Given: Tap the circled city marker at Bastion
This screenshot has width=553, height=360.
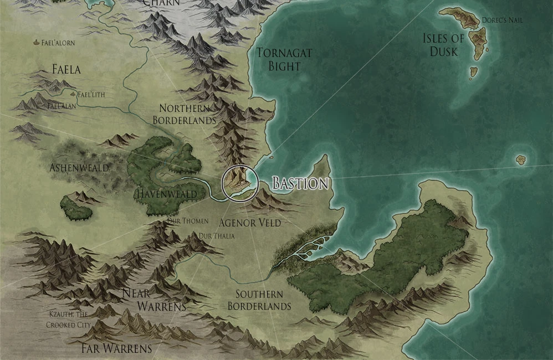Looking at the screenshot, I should pyautogui.click(x=239, y=183).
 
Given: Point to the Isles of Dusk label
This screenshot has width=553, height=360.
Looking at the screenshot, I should pyautogui.click(x=443, y=45).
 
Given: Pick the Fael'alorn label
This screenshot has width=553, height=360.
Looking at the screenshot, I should pyautogui.click(x=58, y=43).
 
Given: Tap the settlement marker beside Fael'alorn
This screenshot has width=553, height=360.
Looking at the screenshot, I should pyautogui.click(x=37, y=42).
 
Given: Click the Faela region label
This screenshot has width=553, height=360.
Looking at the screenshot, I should pyautogui.click(x=66, y=69).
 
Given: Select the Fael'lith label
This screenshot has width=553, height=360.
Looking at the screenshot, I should pyautogui.click(x=91, y=94).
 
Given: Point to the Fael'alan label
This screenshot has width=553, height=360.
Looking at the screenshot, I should pyautogui.click(x=62, y=105).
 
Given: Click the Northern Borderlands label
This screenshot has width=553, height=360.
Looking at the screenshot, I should pyautogui.click(x=183, y=114).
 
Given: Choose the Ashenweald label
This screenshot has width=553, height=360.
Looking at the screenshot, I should pyautogui.click(x=79, y=167).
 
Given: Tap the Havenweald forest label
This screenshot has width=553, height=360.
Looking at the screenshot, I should pyautogui.click(x=166, y=194).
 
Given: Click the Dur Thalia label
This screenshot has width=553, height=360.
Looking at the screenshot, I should pyautogui.click(x=217, y=236).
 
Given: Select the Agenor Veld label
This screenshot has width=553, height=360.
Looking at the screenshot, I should pyautogui.click(x=250, y=223).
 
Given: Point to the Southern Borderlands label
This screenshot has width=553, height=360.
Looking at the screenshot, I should pyautogui.click(x=259, y=300).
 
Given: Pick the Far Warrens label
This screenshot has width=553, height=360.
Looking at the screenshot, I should pyautogui.click(x=116, y=348).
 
